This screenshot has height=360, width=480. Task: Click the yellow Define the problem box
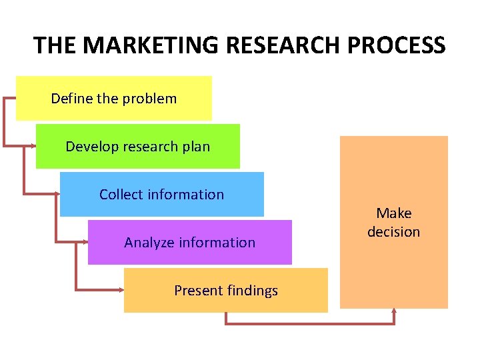click(x=113, y=98)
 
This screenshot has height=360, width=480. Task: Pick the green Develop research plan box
click(x=137, y=146)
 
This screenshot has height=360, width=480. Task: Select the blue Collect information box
click(x=161, y=194)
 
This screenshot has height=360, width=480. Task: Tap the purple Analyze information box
click(x=189, y=242)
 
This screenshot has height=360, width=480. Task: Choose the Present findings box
click(x=225, y=290)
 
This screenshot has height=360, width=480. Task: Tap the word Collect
click(x=121, y=195)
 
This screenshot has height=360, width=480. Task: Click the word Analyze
click(x=146, y=243)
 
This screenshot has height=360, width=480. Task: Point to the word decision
click(x=393, y=232)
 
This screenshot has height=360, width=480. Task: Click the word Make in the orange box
click(x=393, y=213)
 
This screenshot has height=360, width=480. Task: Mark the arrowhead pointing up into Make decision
click(x=394, y=311)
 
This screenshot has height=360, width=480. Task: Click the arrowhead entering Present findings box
click(x=121, y=290)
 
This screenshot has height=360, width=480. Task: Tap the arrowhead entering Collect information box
click(x=57, y=193)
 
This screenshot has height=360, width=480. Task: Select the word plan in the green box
click(x=196, y=147)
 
